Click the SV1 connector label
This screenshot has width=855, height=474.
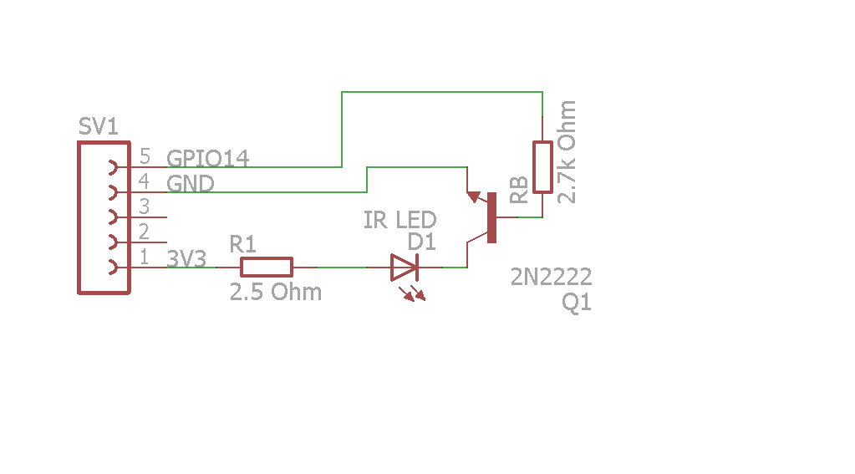point(98,127)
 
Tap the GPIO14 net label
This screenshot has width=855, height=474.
point(208,158)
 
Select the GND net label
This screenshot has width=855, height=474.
point(191,183)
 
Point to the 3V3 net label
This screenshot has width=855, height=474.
point(187,258)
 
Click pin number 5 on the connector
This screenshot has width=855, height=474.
point(145,156)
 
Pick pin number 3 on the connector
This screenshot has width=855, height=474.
point(145,206)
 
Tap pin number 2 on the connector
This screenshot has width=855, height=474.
point(145,231)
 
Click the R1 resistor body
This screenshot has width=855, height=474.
point(267,267)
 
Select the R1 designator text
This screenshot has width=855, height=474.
point(243,244)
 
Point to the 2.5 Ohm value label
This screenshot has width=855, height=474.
point(276,293)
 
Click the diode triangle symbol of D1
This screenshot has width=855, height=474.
point(404,268)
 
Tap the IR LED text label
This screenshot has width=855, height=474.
point(400,221)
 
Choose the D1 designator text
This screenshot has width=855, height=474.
point(422,242)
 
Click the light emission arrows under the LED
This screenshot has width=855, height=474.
point(412,293)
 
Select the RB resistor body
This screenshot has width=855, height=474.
point(542,167)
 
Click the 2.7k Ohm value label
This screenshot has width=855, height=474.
point(567,152)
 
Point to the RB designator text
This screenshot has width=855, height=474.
point(518,191)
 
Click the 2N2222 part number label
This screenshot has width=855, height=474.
point(552,277)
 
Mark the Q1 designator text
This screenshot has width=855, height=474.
point(577,303)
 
